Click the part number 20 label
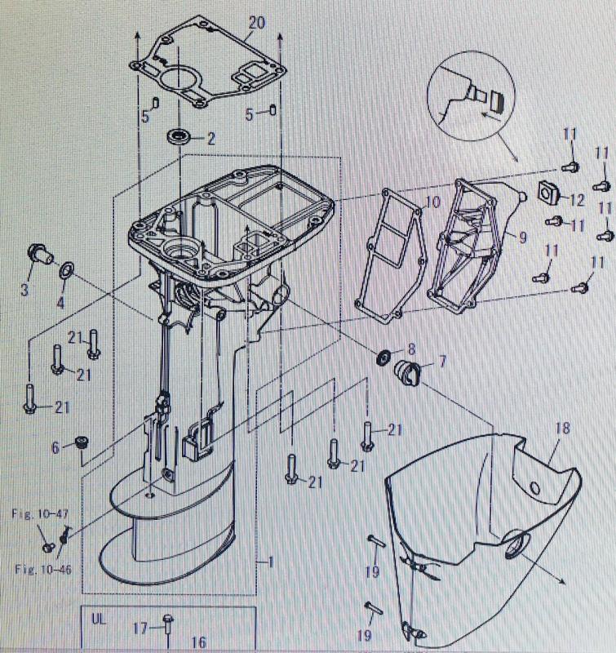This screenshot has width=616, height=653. [x=256, y=23]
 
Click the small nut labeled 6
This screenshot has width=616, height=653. [x=80, y=443]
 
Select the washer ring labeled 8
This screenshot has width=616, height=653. [x=383, y=357]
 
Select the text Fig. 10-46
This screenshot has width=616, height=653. [x=42, y=568]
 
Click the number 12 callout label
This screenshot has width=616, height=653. [x=576, y=199]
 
